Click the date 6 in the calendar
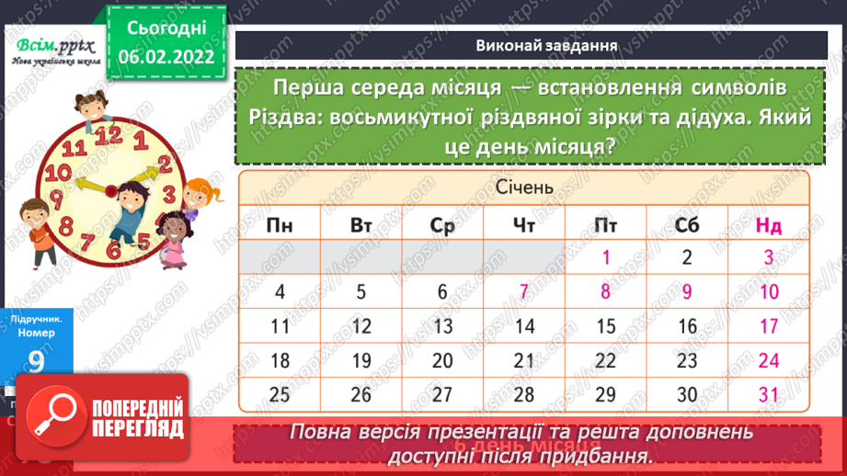coord(442,292)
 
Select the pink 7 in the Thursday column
coord(524,292)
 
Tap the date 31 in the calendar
coord(769,395)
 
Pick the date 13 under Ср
coord(442,326)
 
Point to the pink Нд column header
coord(769,226)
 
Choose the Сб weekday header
coord(687,226)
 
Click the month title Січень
coord(523,187)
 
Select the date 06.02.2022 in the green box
coord(166,57)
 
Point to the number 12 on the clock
coord(109,135)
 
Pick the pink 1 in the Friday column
coord(606,258)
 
